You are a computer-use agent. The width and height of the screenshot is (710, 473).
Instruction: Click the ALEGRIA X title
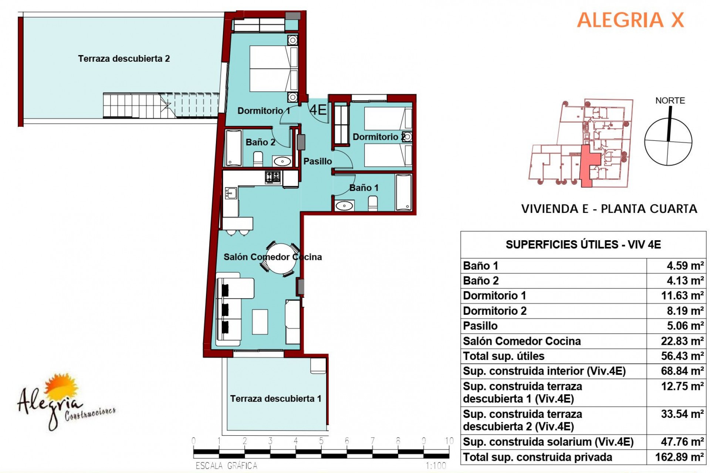coord(630,20)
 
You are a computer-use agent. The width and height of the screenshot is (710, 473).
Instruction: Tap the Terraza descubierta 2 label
coord(124,58)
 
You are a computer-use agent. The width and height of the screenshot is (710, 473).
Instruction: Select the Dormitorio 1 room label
coord(264,110)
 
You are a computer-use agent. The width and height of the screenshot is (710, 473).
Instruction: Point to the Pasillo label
coord(318,161)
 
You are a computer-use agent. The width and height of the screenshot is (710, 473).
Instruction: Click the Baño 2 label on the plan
coord(260,142)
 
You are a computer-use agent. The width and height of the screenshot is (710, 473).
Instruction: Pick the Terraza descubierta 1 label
coord(276,398)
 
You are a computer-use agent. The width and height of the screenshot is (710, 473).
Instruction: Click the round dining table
coord(281,259)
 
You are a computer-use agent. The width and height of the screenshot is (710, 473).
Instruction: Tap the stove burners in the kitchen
coord(273,177)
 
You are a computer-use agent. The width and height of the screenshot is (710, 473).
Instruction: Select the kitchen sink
coord(230,193)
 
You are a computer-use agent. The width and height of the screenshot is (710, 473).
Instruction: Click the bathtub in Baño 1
coord(403,193)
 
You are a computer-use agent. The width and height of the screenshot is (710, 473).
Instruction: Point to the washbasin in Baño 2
coord(282,161)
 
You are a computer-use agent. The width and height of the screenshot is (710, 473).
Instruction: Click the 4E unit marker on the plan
coord(318,110)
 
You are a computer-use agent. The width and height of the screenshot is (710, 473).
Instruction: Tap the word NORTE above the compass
coord(670,101)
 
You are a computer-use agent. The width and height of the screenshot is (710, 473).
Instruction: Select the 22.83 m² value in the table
coord(682,341)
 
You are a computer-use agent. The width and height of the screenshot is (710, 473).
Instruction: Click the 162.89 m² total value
coord(680,457)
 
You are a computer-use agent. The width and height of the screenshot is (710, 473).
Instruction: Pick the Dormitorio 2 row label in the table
coord(495,311)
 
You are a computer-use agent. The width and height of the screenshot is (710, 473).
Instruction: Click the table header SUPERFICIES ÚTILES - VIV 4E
coord(583,244)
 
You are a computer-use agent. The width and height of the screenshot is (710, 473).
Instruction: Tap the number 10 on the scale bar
coord(449,440)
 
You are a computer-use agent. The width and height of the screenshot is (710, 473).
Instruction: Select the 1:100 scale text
coord(436,466)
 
